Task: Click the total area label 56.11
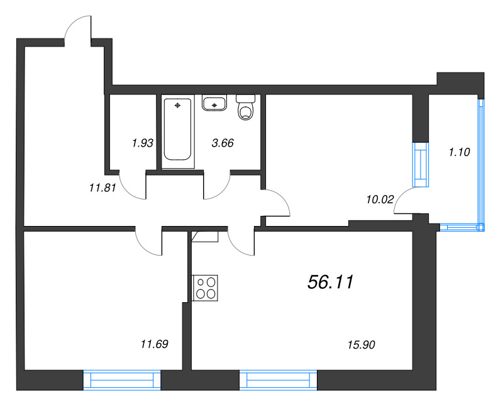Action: pyautogui.click(x=331, y=283)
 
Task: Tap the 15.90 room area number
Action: pyautogui.click(x=361, y=344)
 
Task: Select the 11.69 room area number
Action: pyautogui.click(x=154, y=344)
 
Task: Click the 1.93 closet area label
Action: pyautogui.click(x=143, y=143)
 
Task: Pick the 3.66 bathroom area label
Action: pyautogui.click(x=223, y=143)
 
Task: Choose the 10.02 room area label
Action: pyautogui.click(x=379, y=200)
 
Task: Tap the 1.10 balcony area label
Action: pyautogui.click(x=459, y=151)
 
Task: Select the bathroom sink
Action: pyautogui.click(x=215, y=102)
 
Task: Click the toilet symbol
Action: pyautogui.click(x=245, y=108)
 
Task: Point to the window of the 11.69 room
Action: pyautogui.click(x=122, y=381)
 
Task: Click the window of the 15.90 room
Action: pyautogui.click(x=278, y=381)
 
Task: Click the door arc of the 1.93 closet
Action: pyautogui.click(x=131, y=187)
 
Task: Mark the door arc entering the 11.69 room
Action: pyautogui.click(x=148, y=242)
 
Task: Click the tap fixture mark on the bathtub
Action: pyautogui.click(x=179, y=104)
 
